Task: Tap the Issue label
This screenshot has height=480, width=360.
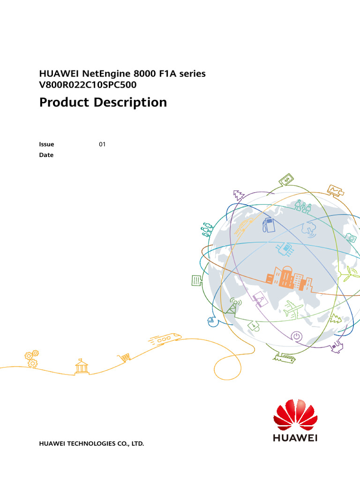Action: pos(46,144)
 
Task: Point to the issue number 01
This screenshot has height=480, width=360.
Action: pos(102,144)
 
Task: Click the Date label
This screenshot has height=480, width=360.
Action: pos(46,155)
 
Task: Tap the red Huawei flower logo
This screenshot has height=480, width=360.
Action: pos(295,415)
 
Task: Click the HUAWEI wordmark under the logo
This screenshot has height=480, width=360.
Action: pos(295,438)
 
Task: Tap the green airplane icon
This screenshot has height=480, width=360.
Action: pos(293,309)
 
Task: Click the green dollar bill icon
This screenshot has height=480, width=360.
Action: pos(286,180)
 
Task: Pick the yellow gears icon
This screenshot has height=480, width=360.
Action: pos(31,358)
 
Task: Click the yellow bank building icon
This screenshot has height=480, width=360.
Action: pos(82,366)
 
